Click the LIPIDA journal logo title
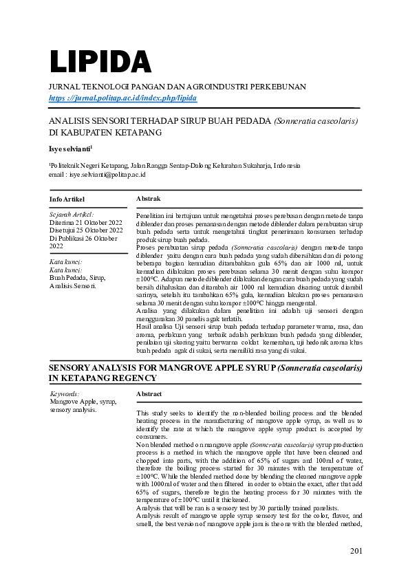[100, 63]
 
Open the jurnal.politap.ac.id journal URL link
[122, 98]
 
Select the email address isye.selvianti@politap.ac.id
[107, 175]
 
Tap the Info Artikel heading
[67, 199]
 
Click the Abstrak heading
[148, 198]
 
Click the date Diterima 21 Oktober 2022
[85, 222]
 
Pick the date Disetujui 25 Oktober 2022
[85, 230]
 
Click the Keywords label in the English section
[65, 394]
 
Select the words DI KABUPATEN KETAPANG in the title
[105, 131]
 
